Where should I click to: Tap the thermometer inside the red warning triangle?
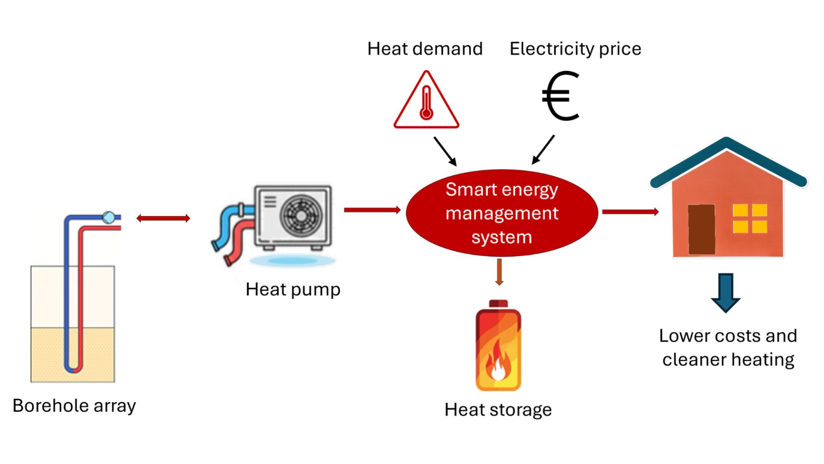click(x=426, y=103)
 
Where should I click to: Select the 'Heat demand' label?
click(x=425, y=49)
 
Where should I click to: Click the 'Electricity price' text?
click(x=575, y=49)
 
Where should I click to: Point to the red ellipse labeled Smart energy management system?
click(x=502, y=213)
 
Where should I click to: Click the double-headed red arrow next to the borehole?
click(x=163, y=218)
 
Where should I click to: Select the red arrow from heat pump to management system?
click(x=372, y=210)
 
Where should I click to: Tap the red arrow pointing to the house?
click(x=630, y=212)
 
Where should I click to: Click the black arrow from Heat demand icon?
click(x=445, y=151)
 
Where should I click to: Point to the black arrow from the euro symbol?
click(x=543, y=149)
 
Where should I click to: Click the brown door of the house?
click(x=701, y=229)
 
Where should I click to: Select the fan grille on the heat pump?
click(x=301, y=216)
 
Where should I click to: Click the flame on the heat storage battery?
click(x=498, y=362)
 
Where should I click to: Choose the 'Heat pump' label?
click(x=293, y=290)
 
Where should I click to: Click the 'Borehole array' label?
click(x=74, y=406)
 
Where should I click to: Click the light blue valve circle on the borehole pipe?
click(x=109, y=217)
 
